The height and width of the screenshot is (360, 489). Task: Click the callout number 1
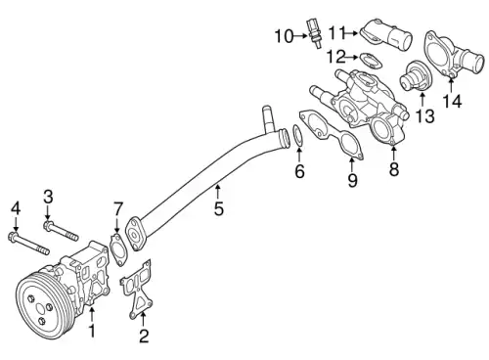tap(92, 332)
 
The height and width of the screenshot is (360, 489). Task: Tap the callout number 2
tap(144, 337)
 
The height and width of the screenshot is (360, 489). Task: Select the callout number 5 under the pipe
tap(218, 208)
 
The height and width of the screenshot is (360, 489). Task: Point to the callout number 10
tap(283, 37)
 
